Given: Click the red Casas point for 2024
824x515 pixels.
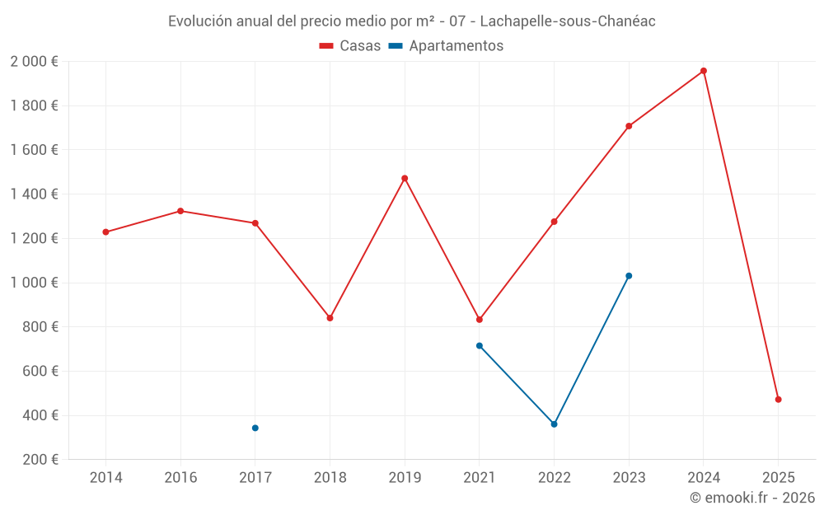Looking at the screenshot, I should [x=703, y=71].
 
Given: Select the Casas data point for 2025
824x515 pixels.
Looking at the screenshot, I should [x=778, y=400].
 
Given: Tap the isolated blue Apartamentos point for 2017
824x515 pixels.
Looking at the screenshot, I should [x=255, y=428].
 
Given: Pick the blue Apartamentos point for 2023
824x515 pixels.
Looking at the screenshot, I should [x=629, y=276].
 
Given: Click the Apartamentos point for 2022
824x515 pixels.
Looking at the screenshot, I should [x=554, y=424].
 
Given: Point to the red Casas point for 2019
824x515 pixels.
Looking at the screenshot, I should [x=405, y=178].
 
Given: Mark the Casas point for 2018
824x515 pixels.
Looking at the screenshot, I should [x=330, y=318].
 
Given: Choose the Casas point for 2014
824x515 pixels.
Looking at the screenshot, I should [x=105, y=232].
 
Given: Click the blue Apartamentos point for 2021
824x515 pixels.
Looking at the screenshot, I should [x=479, y=346].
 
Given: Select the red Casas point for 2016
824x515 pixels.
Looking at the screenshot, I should [x=180, y=211].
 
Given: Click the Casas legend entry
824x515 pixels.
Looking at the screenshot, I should [x=350, y=46].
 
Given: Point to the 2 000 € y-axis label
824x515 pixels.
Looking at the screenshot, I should [x=34, y=62].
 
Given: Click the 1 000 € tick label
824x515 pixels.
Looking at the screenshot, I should [x=34, y=283].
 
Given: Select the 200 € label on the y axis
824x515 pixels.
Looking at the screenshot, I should [x=39, y=460].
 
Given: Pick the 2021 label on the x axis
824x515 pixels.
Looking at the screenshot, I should [x=479, y=478].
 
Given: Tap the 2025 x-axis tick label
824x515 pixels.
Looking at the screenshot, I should [x=778, y=478].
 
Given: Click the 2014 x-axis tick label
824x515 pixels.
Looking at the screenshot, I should [x=105, y=478].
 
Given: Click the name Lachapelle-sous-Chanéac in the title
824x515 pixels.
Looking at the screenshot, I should [x=567, y=21].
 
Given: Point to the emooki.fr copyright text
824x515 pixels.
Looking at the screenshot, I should [x=752, y=498].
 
